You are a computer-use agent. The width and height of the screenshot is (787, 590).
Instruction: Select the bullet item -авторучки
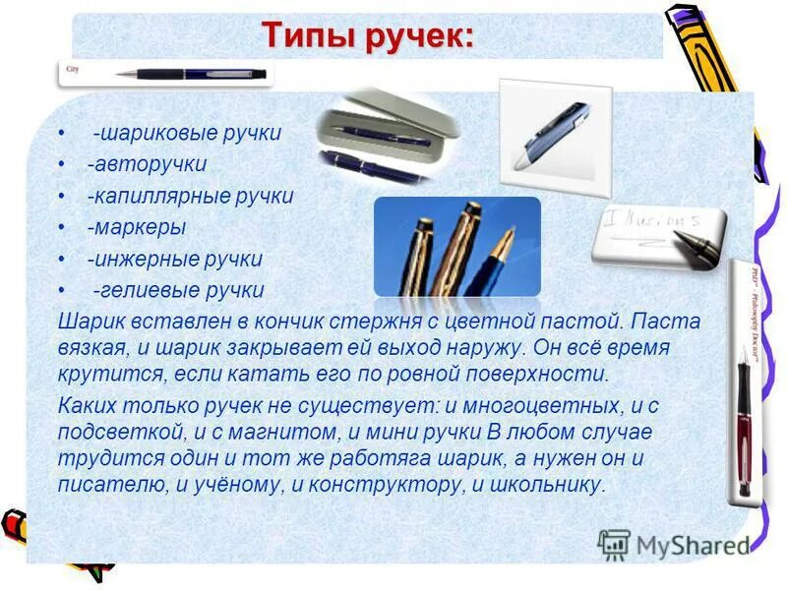click(147, 164)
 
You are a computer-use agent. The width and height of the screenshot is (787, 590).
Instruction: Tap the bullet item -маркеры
click(137, 227)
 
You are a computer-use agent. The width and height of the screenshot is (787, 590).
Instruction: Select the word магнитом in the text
click(263, 431)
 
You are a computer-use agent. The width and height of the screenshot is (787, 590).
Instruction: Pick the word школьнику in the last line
click(549, 485)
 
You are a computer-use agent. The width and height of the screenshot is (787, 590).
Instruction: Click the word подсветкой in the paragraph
click(107, 431)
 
